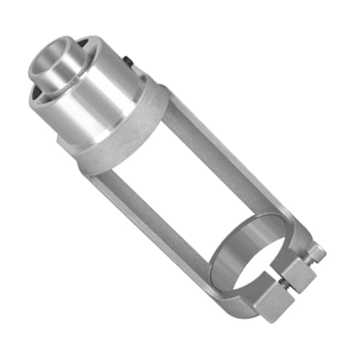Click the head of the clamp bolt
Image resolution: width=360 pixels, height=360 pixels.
point(316,252)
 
